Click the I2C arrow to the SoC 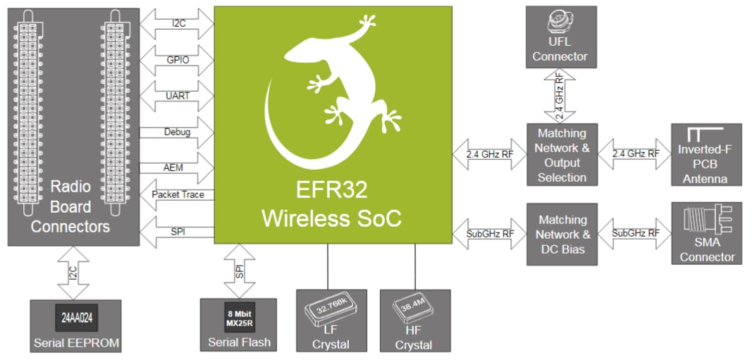(177, 23)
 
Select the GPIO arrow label (177, 60)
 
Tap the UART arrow (177, 96)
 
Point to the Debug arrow (177, 132)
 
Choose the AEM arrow (177, 168)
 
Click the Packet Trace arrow (177, 194)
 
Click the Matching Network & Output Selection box (562, 155)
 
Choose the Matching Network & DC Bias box (562, 234)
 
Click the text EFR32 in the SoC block (331, 191)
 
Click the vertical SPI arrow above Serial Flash (239, 272)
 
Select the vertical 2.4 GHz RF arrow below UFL (560, 96)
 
